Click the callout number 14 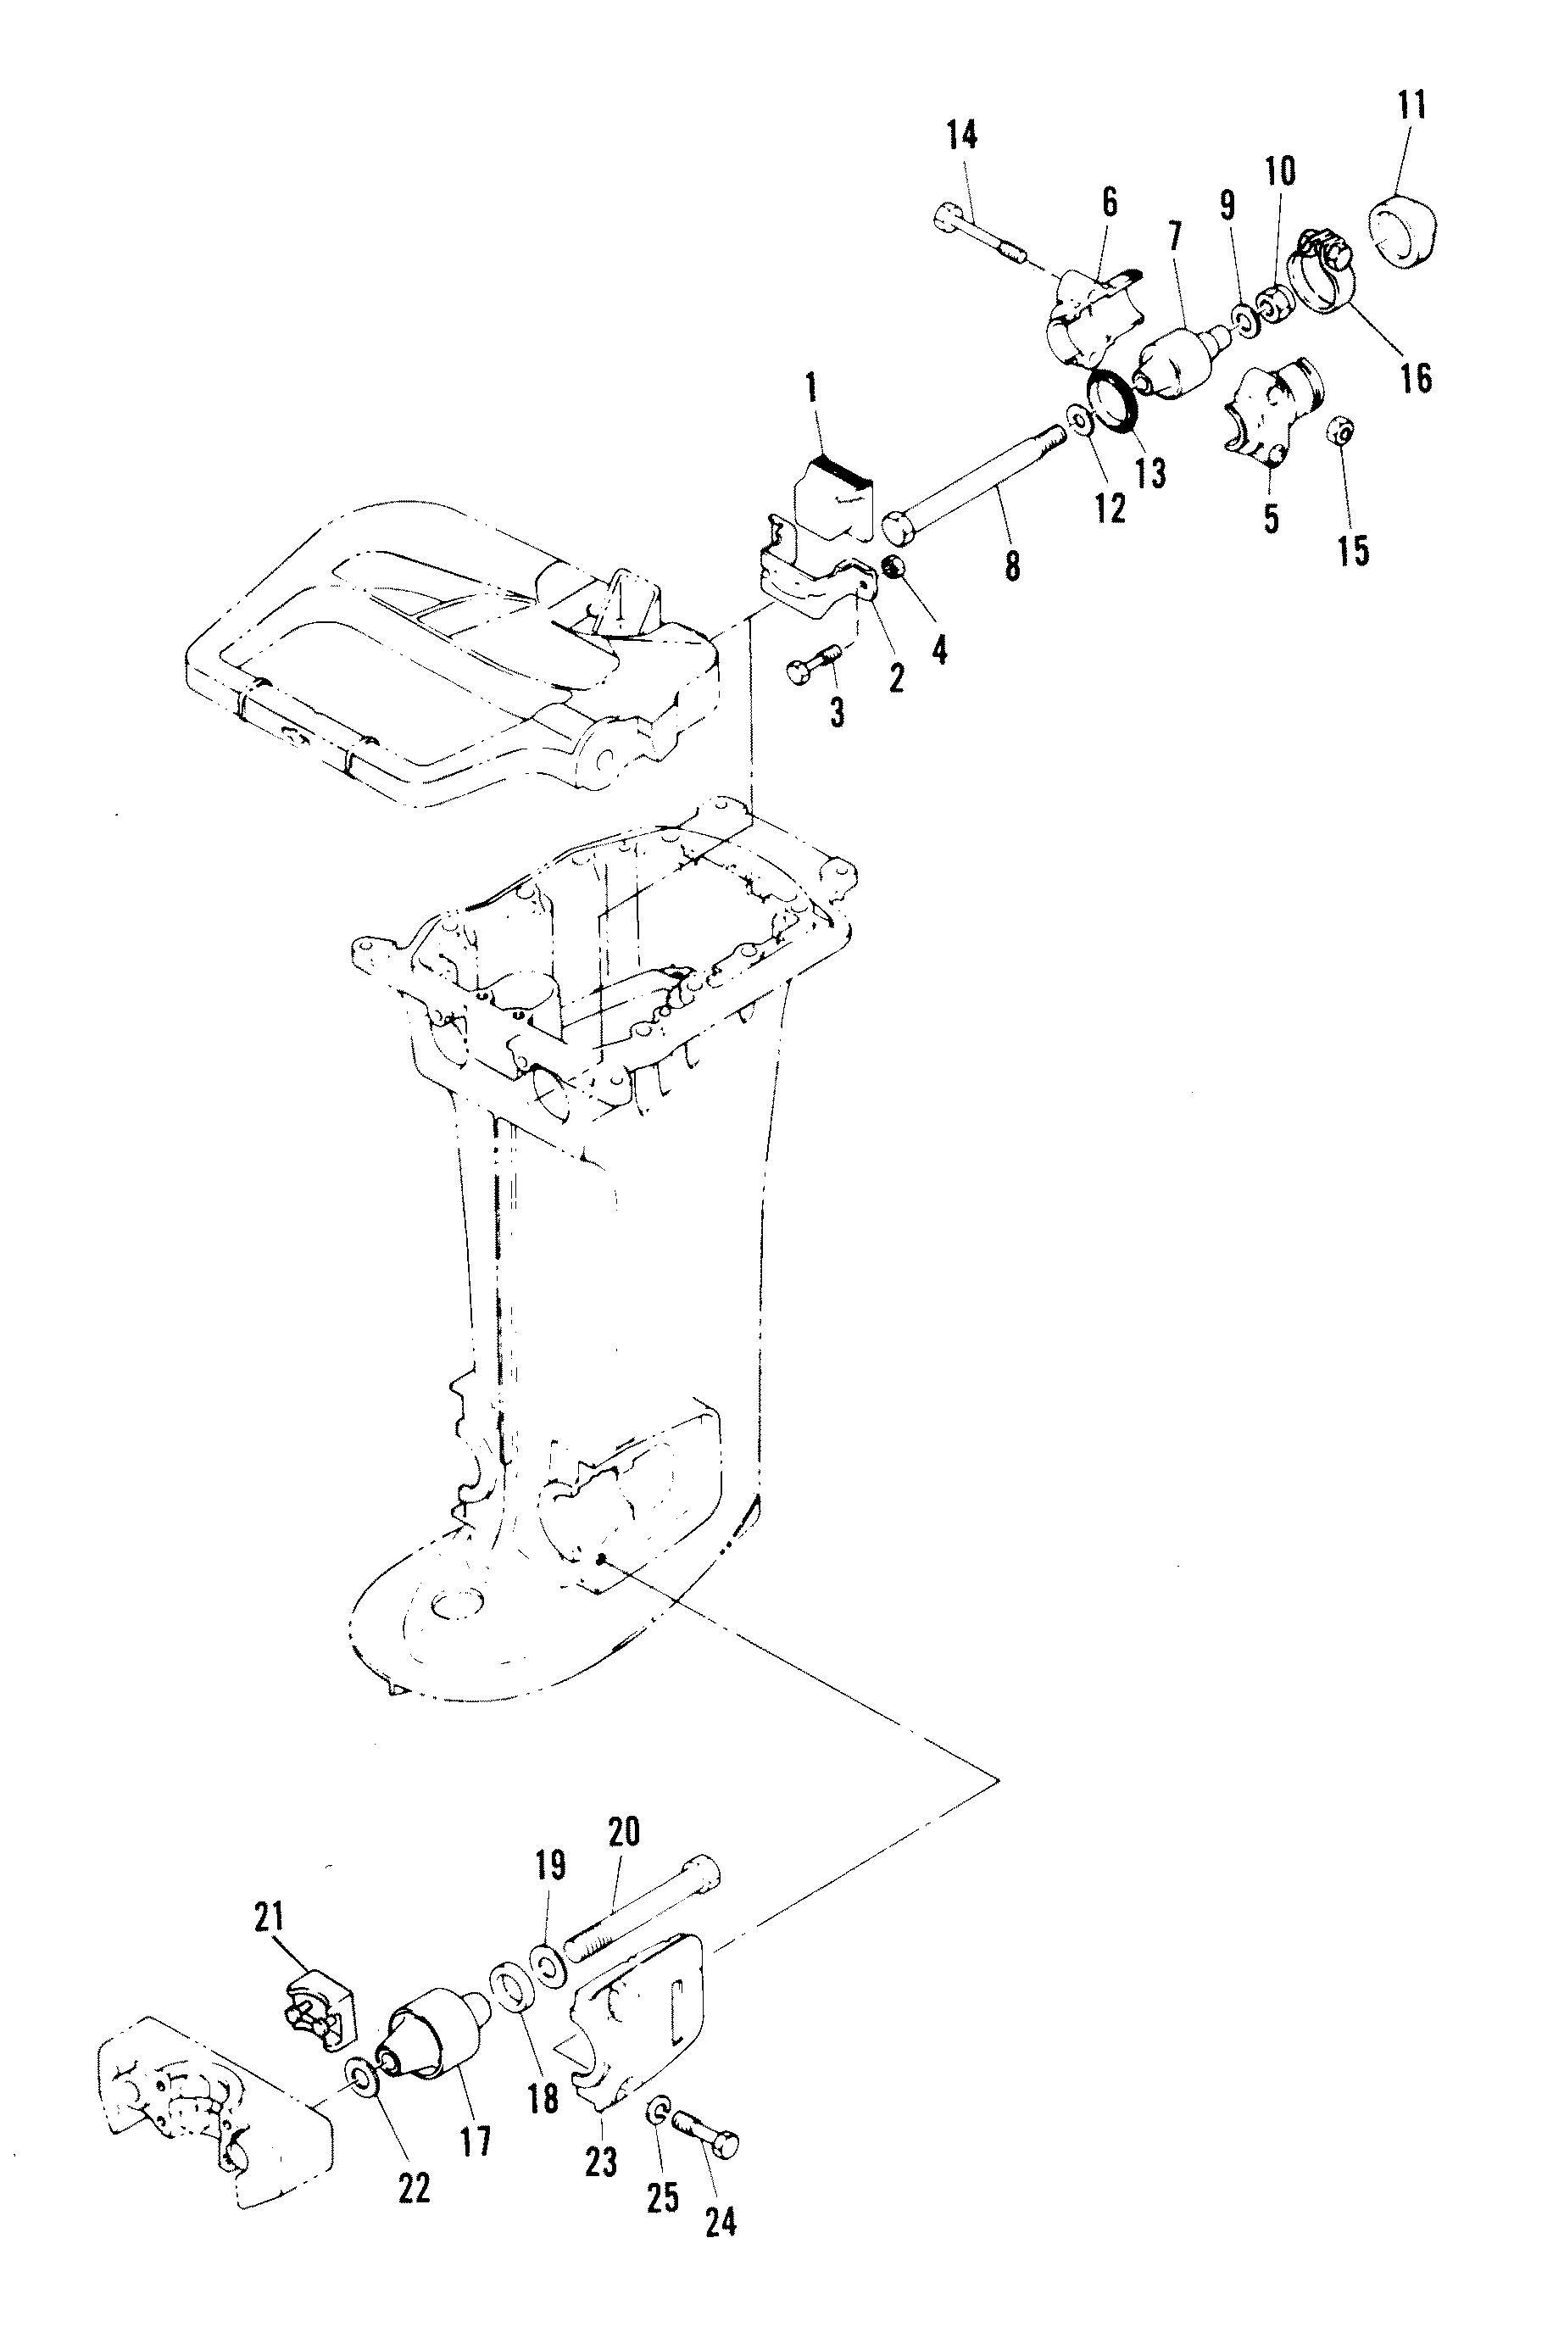[960, 135]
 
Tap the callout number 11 [1411, 105]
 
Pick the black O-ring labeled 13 [1116, 401]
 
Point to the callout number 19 [551, 1865]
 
